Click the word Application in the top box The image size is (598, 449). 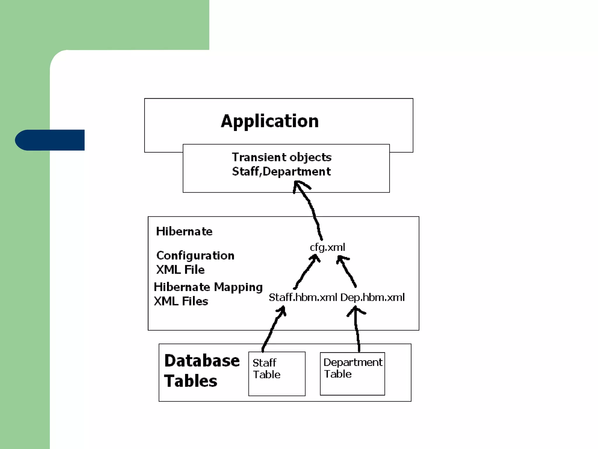(x=270, y=121)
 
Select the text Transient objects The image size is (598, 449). (x=281, y=157)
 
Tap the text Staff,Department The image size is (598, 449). (x=281, y=172)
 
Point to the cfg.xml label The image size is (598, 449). (x=327, y=247)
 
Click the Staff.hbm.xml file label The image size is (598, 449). (x=303, y=297)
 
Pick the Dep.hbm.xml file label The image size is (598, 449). (x=373, y=297)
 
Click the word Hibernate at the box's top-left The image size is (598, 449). (x=184, y=231)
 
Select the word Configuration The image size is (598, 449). (x=195, y=255)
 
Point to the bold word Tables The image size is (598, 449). (x=191, y=381)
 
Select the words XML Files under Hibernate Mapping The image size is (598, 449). (x=181, y=301)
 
